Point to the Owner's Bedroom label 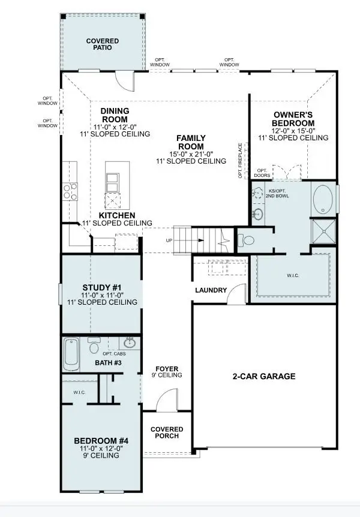coord(293,119)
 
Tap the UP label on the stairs coord(170,241)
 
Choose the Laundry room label coord(211,291)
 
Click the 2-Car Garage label coord(264,377)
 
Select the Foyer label coord(167,368)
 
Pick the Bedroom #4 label coord(101,440)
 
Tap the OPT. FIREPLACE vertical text coord(241,160)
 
